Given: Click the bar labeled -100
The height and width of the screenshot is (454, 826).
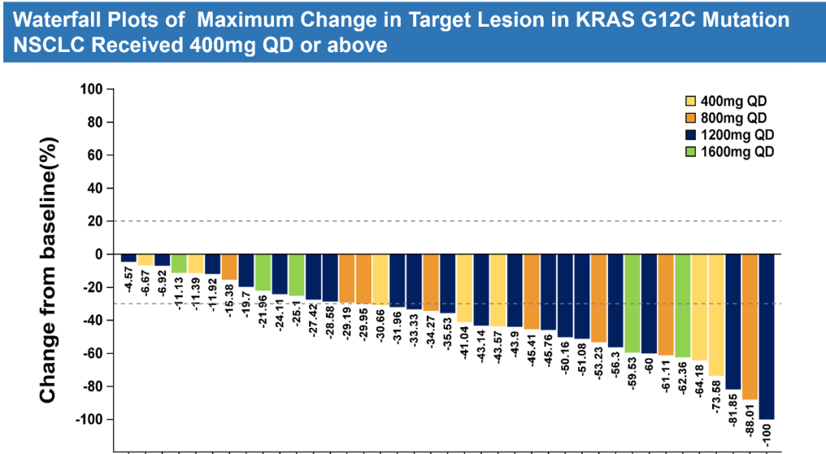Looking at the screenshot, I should click(x=766, y=336).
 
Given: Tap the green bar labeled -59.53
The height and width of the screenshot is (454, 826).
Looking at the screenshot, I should click(x=633, y=303).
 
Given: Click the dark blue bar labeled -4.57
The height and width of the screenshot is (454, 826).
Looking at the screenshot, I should click(x=128, y=258).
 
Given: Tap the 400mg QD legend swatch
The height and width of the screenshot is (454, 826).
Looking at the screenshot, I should click(x=690, y=102).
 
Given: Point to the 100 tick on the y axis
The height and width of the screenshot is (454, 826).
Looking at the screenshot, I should click(x=93, y=89).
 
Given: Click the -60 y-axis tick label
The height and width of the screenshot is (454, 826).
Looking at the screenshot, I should click(x=90, y=353).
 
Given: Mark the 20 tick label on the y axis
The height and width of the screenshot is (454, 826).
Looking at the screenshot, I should click(x=96, y=222).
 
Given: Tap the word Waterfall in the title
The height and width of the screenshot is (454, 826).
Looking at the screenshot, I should click(x=45, y=19).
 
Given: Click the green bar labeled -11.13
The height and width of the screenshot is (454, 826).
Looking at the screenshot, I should click(x=179, y=263).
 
